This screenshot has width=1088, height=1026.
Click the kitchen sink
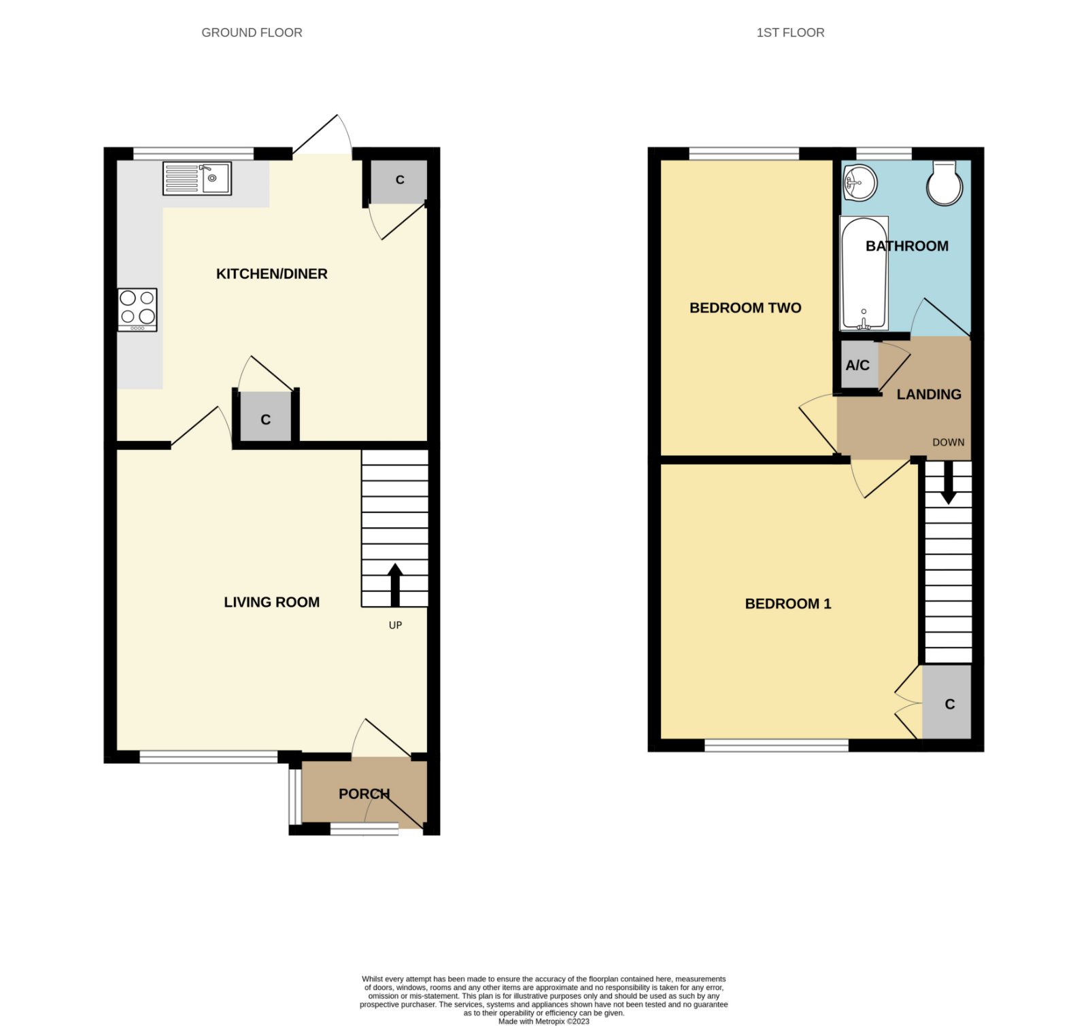click(x=197, y=178)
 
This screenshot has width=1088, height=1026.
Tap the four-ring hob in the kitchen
click(x=137, y=310)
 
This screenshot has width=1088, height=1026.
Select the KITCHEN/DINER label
click(x=272, y=274)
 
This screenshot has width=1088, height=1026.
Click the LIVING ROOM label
click(x=272, y=602)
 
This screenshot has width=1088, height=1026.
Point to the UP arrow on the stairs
click(x=395, y=584)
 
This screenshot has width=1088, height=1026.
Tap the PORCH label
click(x=364, y=794)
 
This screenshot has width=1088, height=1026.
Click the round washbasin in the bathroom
click(x=860, y=183)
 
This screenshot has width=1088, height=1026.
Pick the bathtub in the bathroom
click(x=864, y=273)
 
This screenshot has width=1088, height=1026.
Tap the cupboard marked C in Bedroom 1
click(x=947, y=702)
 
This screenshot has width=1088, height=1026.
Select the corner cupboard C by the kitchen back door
click(x=399, y=181)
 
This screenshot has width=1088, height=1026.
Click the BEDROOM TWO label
click(x=745, y=308)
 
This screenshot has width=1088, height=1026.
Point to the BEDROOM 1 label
click(x=788, y=603)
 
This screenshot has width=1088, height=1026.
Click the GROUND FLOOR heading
click(x=252, y=33)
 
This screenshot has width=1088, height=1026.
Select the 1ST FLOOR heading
click(x=790, y=33)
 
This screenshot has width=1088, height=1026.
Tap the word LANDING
click(x=929, y=394)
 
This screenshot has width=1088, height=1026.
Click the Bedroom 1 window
click(x=777, y=745)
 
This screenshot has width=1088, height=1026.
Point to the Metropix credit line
click(x=544, y=1021)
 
